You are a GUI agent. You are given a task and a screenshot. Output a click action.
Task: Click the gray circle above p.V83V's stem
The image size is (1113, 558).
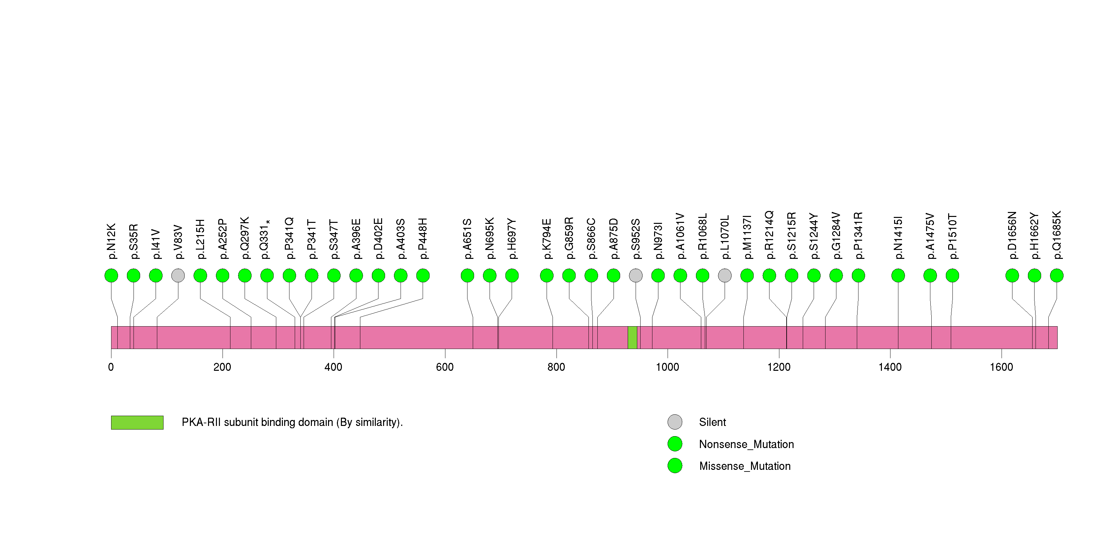(x=178, y=276)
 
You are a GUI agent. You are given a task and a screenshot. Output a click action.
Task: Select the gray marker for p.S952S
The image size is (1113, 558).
(x=636, y=276)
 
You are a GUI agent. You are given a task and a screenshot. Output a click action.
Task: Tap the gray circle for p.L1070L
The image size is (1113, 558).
(x=725, y=276)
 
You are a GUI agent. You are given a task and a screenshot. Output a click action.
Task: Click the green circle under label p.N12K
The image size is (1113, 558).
(x=111, y=276)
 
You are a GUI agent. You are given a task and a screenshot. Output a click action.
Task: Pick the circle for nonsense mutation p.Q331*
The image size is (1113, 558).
(x=267, y=276)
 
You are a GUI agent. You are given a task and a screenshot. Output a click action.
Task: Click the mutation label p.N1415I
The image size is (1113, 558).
(x=898, y=238)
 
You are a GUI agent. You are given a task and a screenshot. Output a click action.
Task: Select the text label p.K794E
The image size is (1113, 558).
(x=547, y=239)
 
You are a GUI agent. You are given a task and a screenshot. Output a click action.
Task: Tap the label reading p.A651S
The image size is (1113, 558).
(x=467, y=239)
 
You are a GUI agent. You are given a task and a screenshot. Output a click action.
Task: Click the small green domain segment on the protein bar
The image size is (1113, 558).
(x=632, y=337)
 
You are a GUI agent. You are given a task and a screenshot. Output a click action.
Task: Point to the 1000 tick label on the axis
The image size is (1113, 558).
(x=667, y=367)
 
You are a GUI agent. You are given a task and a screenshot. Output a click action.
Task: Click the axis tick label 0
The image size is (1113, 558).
(x=111, y=367)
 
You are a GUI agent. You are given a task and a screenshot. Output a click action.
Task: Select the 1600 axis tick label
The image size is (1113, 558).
(x=1001, y=367)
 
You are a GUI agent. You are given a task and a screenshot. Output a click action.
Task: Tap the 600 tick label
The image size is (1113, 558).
(x=445, y=367)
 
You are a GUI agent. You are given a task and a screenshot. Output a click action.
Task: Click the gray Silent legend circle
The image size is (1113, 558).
(x=675, y=422)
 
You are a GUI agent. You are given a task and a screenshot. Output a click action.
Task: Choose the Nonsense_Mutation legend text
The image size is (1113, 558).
(x=746, y=444)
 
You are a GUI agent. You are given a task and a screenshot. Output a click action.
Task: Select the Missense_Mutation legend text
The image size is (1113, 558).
(x=744, y=466)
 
